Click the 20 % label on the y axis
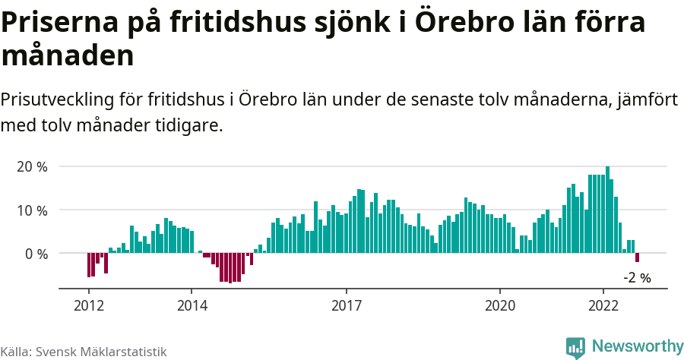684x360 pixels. [x=31, y=166]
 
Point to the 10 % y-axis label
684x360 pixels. [x=31, y=210]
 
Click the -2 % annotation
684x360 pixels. [x=637, y=278]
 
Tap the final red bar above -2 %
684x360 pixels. [x=638, y=258]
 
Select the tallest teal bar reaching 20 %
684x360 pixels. [x=607, y=209]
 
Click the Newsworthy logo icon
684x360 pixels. [x=576, y=347]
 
